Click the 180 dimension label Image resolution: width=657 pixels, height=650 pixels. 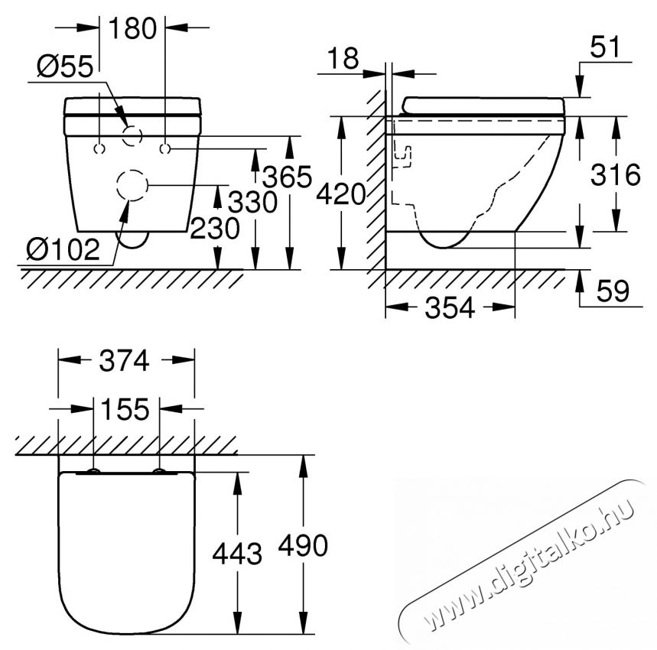132,28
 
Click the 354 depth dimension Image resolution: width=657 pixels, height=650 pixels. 450,308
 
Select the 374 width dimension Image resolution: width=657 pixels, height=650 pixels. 126,360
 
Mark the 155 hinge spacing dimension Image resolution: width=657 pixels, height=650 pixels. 126,410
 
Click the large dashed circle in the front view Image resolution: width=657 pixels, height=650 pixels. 132,185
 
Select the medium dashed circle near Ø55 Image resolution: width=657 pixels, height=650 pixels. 132,136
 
